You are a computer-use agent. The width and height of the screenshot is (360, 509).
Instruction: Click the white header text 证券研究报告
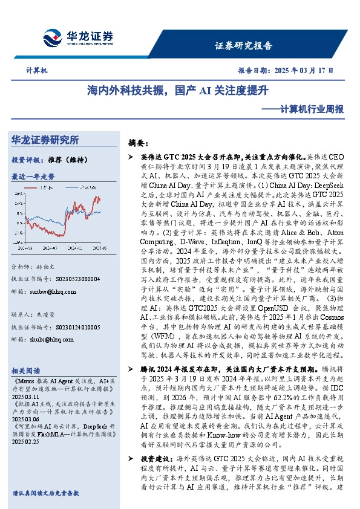coord(243,45)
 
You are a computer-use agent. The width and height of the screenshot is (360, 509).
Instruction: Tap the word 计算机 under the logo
coord(37,71)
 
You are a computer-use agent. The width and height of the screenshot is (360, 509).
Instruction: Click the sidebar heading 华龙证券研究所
coord(45,140)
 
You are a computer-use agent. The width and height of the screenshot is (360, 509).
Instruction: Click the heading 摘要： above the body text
coord(138,144)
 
